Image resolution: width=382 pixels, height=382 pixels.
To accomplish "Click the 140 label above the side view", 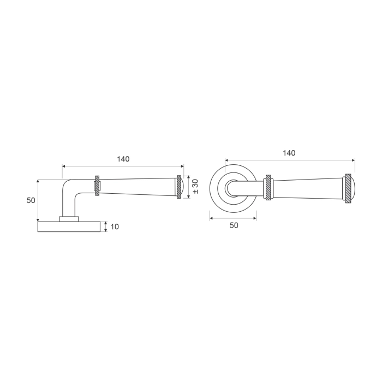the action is point(123,159).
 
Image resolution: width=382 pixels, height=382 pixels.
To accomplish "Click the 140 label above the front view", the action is point(289,153).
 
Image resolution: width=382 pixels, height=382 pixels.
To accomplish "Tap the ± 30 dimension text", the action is point(195,187).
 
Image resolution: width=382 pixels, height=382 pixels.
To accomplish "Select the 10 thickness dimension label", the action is point(115,226).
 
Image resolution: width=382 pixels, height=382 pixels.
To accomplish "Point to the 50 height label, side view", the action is point(31,200).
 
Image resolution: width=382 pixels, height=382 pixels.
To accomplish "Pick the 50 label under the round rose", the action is point(234,225).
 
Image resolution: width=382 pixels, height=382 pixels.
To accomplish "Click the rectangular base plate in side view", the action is point(69,226).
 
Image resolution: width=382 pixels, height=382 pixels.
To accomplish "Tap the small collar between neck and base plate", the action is point(69,219).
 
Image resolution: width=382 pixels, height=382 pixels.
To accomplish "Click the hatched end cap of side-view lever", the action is point(179,187).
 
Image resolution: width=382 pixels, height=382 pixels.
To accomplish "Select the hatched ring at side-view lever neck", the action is point(97,186).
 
